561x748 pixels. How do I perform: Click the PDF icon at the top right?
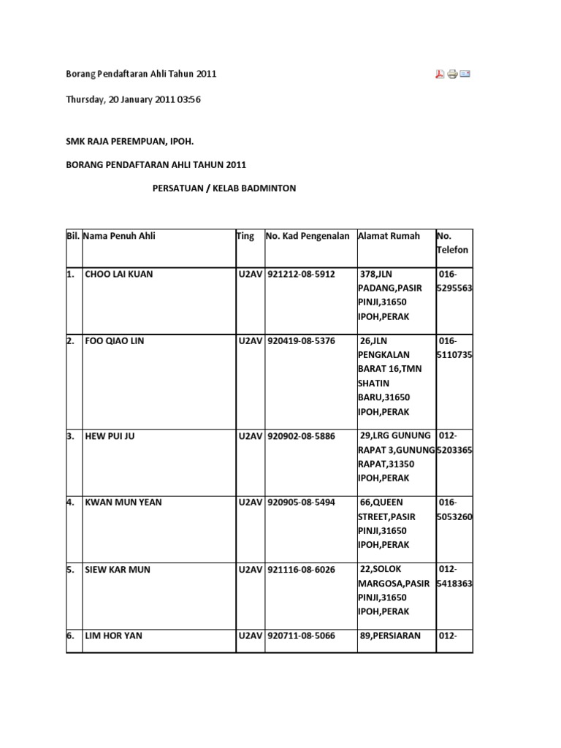(440, 74)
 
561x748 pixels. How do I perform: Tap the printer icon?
(452, 74)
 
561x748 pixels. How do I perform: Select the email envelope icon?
(465, 74)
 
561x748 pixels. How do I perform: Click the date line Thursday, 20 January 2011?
(133, 100)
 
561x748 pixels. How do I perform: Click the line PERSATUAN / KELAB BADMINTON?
(224, 188)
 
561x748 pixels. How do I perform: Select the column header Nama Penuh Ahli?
(119, 236)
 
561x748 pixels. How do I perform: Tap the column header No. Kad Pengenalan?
(308, 236)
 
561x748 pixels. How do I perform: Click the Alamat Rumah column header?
(389, 236)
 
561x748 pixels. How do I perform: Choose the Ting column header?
(245, 236)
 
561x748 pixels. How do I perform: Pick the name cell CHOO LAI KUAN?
(119, 275)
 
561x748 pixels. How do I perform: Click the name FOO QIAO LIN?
(115, 341)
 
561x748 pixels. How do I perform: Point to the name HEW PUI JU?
(110, 436)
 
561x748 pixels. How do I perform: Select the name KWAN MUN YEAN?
(123, 503)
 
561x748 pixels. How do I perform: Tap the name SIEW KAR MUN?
(118, 569)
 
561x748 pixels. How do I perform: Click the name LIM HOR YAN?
(114, 636)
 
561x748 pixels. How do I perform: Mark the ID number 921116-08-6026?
(301, 569)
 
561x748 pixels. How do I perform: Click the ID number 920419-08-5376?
(301, 341)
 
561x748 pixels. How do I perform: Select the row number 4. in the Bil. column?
(70, 503)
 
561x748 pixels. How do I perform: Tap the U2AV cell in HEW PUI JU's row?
(250, 436)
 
